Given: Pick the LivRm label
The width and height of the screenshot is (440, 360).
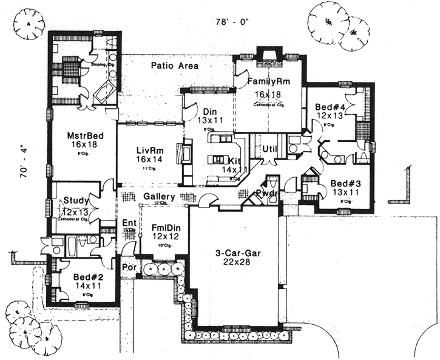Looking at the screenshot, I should [x=148, y=149].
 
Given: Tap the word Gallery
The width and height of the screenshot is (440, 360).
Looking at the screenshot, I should [x=160, y=197].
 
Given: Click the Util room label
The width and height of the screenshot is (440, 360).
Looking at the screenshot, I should [x=269, y=149].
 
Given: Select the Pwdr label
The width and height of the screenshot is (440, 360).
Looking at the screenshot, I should [x=266, y=193].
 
